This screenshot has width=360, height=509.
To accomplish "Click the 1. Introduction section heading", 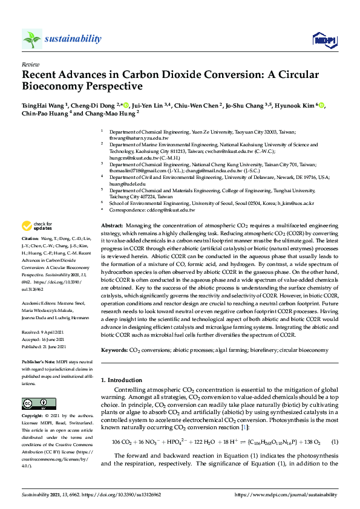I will tap(121, 380).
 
